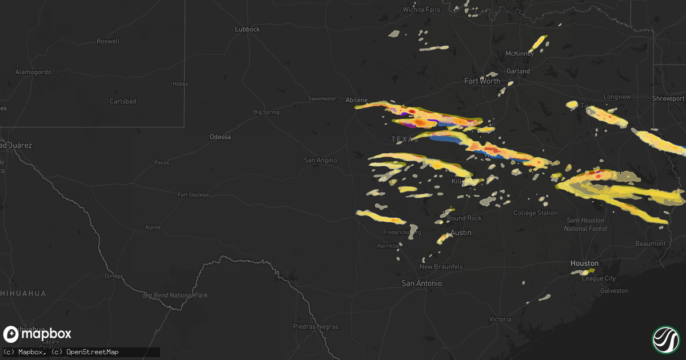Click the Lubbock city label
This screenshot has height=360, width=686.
[248, 29]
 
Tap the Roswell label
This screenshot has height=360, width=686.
[108, 41]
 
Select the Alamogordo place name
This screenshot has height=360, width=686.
[33, 72]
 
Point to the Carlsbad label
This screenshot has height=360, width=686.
[123, 101]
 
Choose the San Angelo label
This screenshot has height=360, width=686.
[320, 160]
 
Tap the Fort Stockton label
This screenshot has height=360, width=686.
[193, 195]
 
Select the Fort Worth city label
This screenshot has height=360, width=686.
[482, 81]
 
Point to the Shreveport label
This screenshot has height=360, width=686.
[668, 98]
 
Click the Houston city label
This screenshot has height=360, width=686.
[584, 263]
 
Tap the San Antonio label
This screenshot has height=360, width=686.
[421, 283]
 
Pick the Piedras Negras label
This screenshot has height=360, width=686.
[315, 327]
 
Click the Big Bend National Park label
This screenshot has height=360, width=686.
[175, 295]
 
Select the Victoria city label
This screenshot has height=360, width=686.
[500, 319]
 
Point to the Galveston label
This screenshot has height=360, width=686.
[614, 291]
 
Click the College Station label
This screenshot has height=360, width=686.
[536, 213]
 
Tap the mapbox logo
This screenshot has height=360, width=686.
[38, 334]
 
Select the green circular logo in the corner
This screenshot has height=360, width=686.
[665, 339]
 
